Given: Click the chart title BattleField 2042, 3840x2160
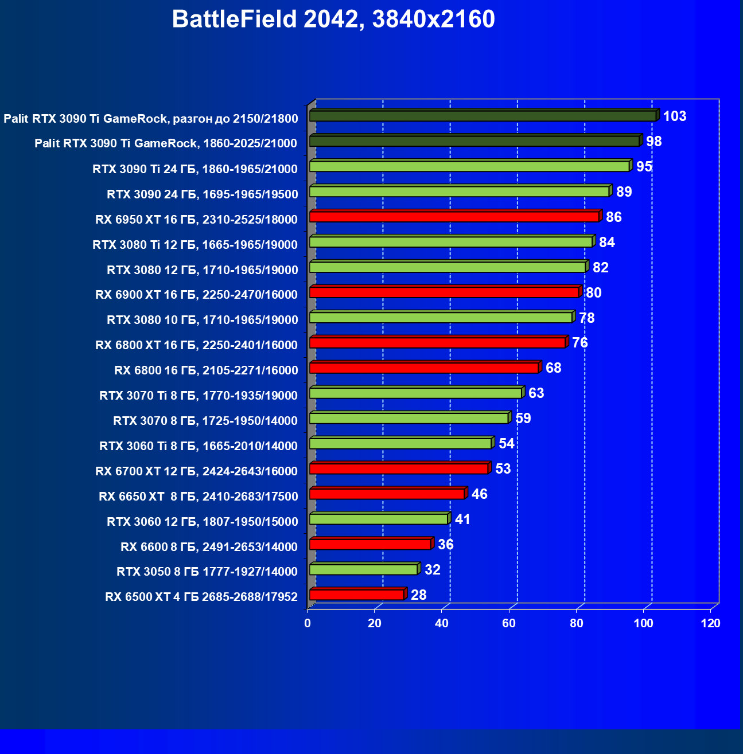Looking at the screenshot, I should click(333, 19).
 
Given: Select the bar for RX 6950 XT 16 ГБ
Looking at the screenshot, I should click(454, 217).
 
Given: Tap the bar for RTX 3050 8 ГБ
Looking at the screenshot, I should click(364, 569).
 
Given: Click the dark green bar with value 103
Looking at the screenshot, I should click(483, 116).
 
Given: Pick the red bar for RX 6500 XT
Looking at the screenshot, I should click(357, 595).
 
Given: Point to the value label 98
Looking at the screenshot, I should click(653, 142).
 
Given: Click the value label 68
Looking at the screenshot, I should click(553, 368).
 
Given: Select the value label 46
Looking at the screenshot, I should click(479, 494).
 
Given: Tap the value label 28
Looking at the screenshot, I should click(418, 595).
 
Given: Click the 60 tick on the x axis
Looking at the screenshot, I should click(509, 624).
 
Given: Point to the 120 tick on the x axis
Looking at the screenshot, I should click(710, 624).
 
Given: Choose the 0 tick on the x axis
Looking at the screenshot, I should click(308, 624).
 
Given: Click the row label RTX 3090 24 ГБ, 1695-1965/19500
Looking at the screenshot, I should click(203, 194).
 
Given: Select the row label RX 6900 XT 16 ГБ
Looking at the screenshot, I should click(197, 295).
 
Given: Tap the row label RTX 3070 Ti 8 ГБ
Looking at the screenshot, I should click(199, 396).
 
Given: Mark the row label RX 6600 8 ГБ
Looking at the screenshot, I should click(209, 547).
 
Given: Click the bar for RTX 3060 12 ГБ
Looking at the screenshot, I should click(379, 519).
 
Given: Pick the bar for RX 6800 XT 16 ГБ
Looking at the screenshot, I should click(437, 343).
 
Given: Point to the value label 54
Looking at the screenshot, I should click(506, 444).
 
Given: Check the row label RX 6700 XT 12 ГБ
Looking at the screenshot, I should click(197, 471).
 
